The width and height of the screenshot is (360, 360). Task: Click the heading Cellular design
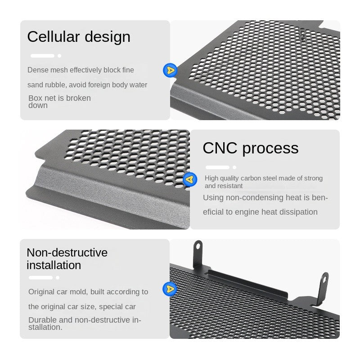(79, 37)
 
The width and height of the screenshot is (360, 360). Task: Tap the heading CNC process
(250, 148)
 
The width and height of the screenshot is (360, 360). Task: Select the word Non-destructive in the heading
(67, 252)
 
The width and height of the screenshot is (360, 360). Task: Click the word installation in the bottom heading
(54, 265)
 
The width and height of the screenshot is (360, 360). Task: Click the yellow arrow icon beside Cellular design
(170, 70)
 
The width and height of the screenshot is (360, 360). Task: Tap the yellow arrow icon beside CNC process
(190, 180)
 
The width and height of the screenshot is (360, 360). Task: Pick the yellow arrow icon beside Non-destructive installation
(170, 288)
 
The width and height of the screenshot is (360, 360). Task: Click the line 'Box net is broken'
(59, 98)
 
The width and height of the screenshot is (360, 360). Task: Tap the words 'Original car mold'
(57, 292)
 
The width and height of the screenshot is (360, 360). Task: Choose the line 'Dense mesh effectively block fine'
(81, 70)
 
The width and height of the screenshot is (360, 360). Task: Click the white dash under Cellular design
(42, 56)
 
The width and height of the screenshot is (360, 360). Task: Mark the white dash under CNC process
(217, 167)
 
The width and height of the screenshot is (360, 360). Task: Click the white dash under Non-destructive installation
(40, 278)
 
